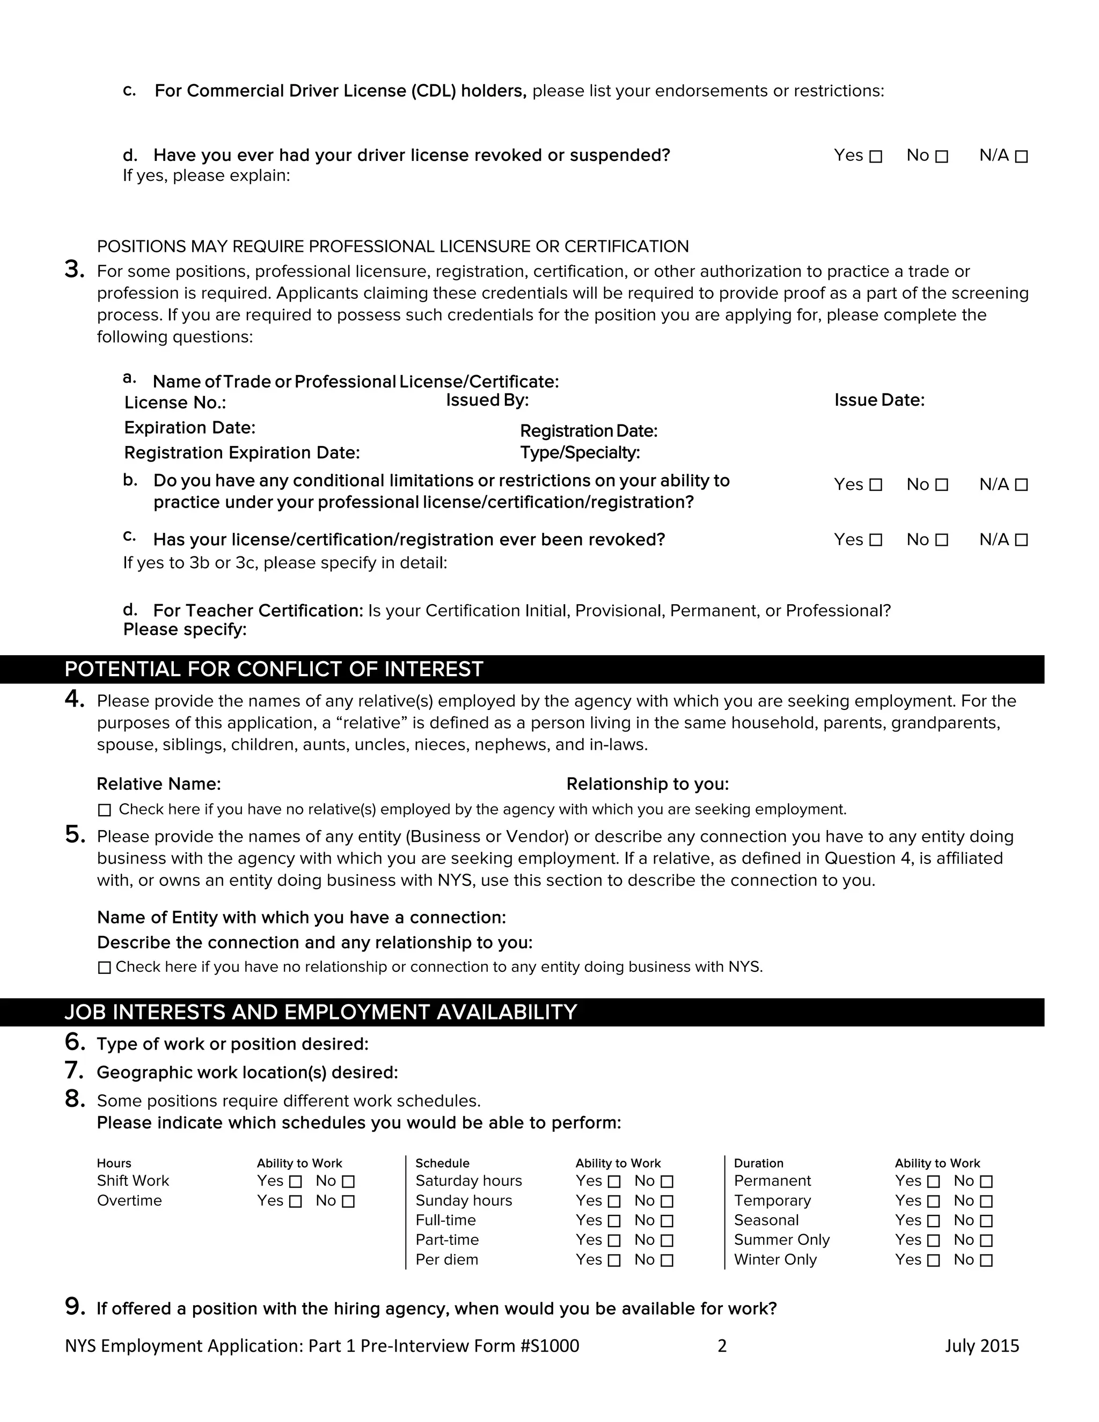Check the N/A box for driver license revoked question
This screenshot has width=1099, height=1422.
(1021, 157)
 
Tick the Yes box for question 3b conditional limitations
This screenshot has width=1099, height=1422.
(876, 485)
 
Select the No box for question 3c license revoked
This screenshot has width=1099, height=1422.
(941, 540)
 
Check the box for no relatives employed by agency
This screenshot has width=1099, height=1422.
(104, 810)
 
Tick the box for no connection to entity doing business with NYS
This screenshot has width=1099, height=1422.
(104, 967)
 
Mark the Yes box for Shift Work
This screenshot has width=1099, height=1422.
(296, 1182)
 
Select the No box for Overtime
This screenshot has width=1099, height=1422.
(348, 1201)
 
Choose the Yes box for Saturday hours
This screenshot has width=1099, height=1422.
(614, 1182)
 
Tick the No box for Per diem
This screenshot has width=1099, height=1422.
(666, 1260)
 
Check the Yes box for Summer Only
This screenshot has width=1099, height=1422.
(933, 1241)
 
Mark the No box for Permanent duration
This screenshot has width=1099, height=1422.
(986, 1182)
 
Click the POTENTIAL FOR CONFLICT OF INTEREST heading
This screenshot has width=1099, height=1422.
(274, 669)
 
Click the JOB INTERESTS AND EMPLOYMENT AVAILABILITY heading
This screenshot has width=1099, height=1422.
(320, 1013)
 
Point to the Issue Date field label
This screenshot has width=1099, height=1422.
(879, 400)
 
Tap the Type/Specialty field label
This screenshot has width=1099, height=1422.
(580, 453)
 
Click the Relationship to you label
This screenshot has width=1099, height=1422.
(647, 784)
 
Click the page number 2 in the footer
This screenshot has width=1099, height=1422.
(721, 1346)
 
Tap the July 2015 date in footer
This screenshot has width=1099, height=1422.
(982, 1346)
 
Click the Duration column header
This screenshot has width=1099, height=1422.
(758, 1163)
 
